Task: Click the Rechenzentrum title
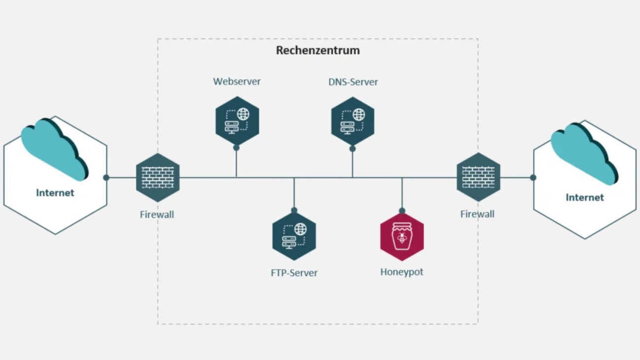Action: (318, 50)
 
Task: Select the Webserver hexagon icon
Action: (237, 121)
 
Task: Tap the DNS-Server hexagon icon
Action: (352, 121)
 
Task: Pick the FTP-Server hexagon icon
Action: (294, 236)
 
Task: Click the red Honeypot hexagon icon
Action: (402, 237)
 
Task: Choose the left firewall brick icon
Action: (158, 177)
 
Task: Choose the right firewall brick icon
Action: (478, 177)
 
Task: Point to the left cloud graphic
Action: (54, 148)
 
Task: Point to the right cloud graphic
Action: (584, 153)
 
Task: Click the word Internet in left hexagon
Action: (55, 193)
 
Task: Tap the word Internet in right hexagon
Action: (584, 197)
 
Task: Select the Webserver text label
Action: (237, 81)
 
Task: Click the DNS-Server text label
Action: (353, 82)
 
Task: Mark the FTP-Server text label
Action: (294, 273)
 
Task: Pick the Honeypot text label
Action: (402, 272)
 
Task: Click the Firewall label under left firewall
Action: (157, 215)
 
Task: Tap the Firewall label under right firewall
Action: (478, 214)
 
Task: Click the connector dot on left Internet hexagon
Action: (106, 177)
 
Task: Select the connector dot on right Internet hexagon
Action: (533, 177)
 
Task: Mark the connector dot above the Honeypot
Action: (402, 211)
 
